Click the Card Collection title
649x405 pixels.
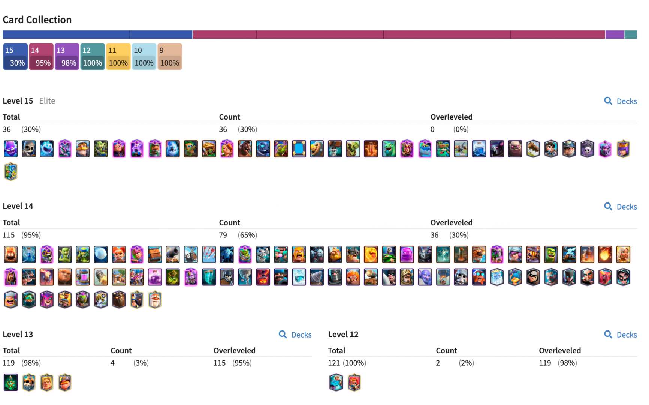(37, 19)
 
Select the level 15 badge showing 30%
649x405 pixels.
(15, 57)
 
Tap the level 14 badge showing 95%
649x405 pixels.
(41, 57)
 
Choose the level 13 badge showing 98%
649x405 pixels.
(67, 57)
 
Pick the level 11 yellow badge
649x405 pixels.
(118, 57)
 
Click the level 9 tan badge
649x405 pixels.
(169, 57)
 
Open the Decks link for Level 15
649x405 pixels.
(621, 101)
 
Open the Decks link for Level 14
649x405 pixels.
(621, 207)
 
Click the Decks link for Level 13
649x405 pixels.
(295, 335)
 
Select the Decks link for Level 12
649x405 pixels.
(621, 335)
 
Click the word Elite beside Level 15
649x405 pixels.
(47, 101)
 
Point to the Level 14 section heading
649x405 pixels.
(18, 206)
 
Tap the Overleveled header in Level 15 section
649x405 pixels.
(451, 117)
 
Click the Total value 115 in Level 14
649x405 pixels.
(9, 235)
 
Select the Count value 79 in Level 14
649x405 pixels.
(223, 235)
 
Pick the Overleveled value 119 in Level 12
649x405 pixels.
(545, 363)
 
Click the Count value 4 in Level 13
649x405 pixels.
(112, 363)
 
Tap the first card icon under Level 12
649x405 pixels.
(336, 382)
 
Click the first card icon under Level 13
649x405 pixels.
(11, 382)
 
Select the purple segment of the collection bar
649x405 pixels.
(615, 34)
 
